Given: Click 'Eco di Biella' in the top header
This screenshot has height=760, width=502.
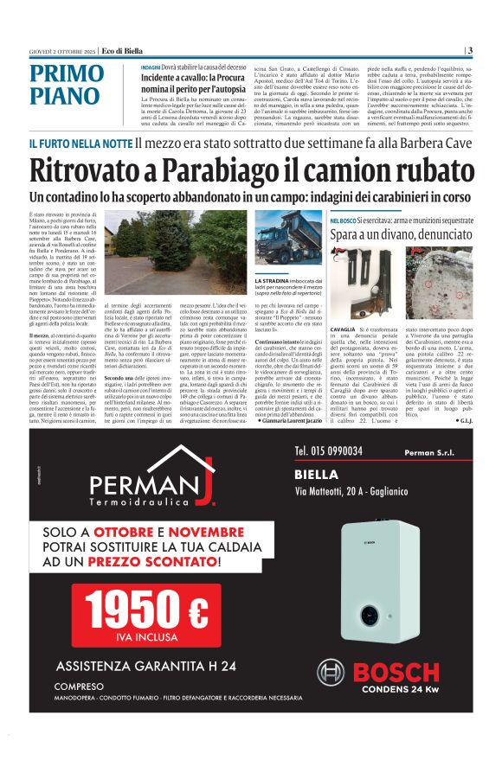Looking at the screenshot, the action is (x=120, y=49).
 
